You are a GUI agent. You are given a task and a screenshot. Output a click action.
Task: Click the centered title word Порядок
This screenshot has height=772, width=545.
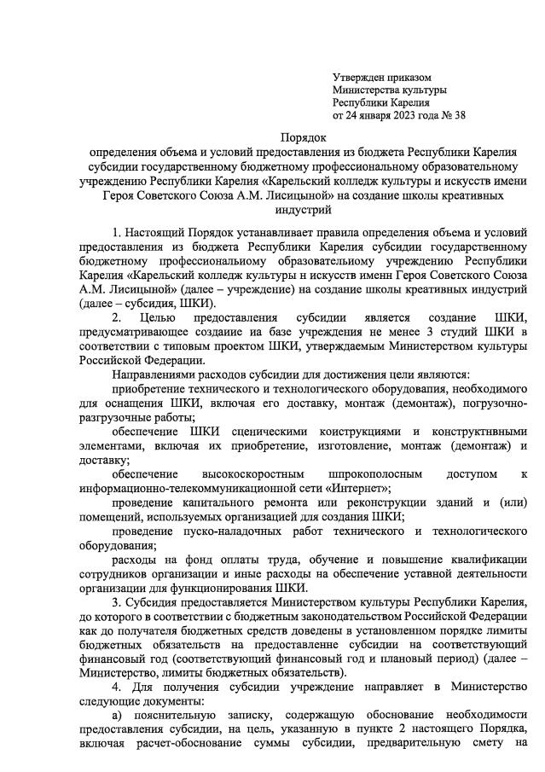pyautogui.click(x=304, y=138)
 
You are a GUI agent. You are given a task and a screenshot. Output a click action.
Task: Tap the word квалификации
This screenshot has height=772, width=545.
pyautogui.click(x=487, y=560)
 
